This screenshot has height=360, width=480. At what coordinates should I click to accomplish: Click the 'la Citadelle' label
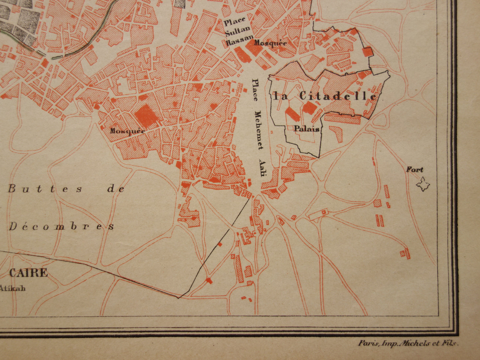tap(325, 96)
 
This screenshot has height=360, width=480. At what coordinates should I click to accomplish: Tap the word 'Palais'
tap(306, 129)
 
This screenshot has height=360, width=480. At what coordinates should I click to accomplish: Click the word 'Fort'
tap(415, 170)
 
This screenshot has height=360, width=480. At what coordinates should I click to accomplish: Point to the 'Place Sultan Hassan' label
tap(239, 32)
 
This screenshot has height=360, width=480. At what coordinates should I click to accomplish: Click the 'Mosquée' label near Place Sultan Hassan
tap(270, 43)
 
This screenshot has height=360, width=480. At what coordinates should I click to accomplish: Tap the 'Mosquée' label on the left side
tap(127, 131)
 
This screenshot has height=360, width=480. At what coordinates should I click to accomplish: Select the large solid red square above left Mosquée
tap(146, 115)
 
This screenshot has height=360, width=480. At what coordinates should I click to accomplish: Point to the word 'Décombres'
tap(61, 226)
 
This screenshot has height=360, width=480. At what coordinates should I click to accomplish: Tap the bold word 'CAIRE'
tap(29, 273)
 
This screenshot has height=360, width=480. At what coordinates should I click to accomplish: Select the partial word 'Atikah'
tap(13, 288)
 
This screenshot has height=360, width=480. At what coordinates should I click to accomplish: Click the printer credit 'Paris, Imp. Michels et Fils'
tap(408, 343)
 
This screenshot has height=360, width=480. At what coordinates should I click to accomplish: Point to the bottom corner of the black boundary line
tap(179, 298)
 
